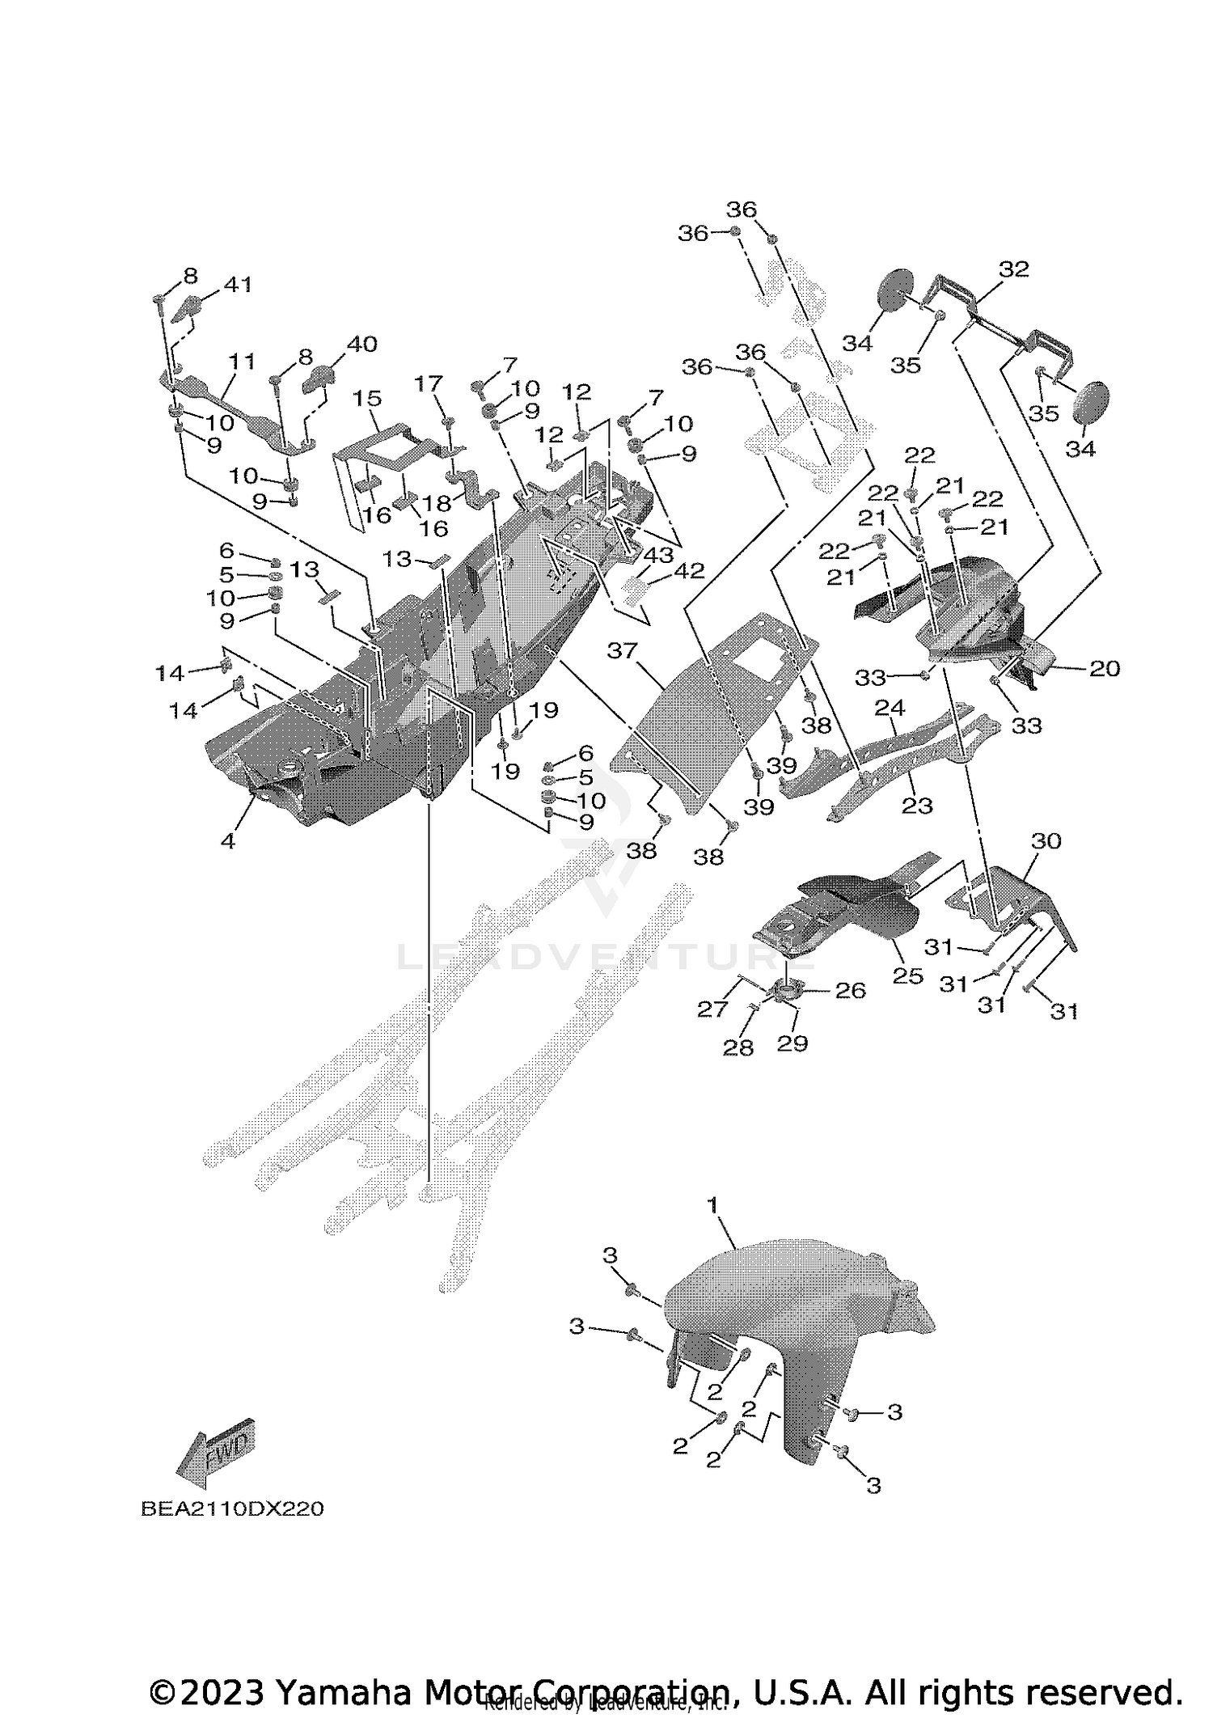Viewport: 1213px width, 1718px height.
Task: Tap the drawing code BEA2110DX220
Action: point(232,1509)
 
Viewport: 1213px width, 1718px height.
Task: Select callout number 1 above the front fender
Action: point(712,1228)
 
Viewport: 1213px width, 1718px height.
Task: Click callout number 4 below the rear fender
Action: point(228,841)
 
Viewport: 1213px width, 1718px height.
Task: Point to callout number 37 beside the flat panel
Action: point(623,650)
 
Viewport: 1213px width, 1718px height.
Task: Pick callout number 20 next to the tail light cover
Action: point(1105,668)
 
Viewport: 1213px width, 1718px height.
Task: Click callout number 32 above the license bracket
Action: point(1013,269)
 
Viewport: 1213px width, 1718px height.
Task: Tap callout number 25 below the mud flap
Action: point(907,976)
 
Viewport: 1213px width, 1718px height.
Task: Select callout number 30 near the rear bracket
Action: point(1046,841)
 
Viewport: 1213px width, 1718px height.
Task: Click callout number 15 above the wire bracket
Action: point(366,398)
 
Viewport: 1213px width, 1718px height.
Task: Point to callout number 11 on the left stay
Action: point(241,361)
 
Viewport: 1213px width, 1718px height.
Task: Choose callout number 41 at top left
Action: point(238,284)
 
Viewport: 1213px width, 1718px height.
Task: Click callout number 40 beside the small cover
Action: point(361,344)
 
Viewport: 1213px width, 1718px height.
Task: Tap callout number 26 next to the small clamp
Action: point(850,990)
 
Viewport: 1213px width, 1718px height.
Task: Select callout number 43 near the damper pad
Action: point(657,555)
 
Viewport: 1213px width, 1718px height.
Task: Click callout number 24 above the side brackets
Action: point(890,708)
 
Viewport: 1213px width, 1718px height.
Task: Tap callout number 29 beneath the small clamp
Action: point(792,1043)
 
